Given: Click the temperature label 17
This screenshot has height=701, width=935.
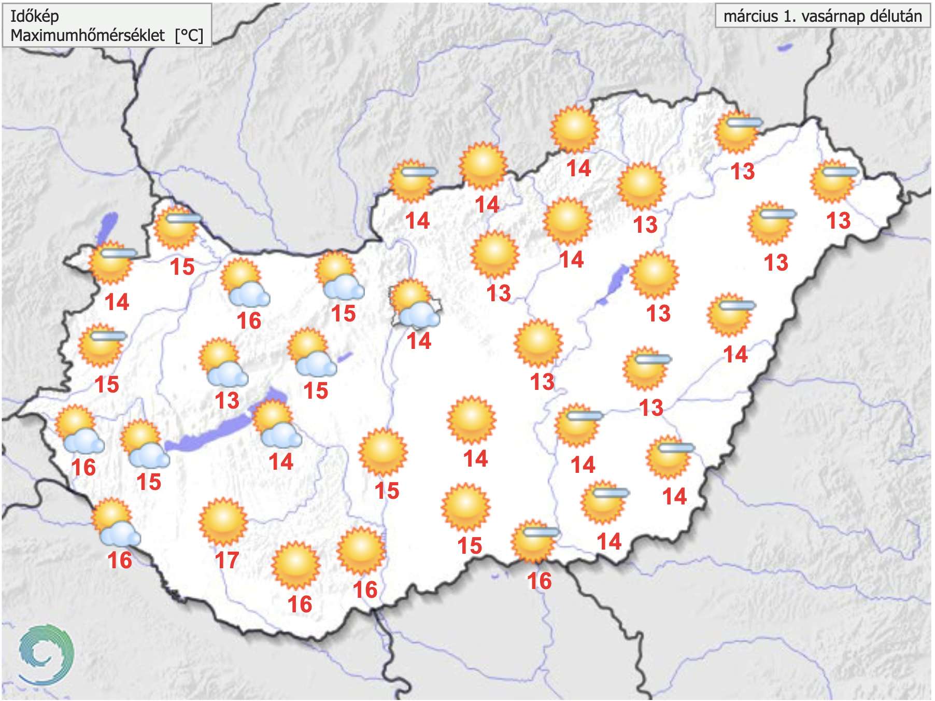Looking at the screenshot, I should (227, 560).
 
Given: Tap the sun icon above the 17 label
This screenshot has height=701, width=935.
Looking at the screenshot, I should (223, 521).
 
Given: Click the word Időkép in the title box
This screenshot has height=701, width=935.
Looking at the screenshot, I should (35, 16).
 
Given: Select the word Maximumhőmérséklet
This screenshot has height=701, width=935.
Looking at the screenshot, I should (88, 35).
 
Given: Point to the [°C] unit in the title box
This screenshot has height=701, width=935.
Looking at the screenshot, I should (189, 35).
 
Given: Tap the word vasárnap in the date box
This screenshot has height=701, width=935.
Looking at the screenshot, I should (833, 16).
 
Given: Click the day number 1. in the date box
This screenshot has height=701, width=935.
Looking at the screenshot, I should (789, 16).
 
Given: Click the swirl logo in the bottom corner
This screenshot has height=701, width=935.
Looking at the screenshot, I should (46, 654).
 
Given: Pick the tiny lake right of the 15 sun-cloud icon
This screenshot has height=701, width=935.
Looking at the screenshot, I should (344, 357).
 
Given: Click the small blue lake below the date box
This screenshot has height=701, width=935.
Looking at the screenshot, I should (785, 48).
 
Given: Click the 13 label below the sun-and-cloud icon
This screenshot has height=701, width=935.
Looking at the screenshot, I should (227, 400).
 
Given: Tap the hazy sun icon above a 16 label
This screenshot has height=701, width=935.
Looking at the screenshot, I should (534, 541).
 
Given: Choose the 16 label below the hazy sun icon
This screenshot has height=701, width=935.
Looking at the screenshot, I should (539, 581).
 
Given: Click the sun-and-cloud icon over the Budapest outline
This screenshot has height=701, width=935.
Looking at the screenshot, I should (415, 304).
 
